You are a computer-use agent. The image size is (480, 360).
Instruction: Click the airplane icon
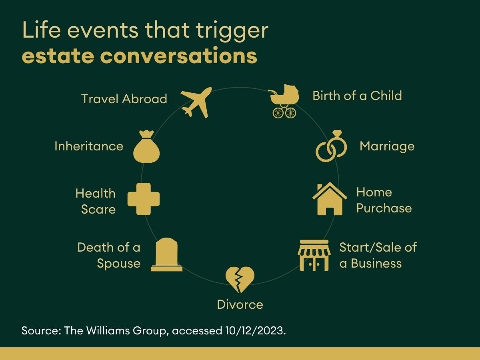pos(196,102)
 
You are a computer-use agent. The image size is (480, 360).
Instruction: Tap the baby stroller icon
pos(284,101)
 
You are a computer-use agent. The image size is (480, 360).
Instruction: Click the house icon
pos(330,199)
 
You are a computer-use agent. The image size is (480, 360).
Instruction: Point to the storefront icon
pos(314,255)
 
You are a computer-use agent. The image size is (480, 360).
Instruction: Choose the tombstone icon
pos(166,255)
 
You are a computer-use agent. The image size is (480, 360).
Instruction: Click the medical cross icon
pos(144,199)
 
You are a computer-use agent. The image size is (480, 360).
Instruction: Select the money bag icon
pos(146,147)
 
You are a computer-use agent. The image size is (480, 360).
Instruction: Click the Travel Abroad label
pos(124,99)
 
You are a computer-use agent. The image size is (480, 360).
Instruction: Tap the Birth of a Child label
pos(357,96)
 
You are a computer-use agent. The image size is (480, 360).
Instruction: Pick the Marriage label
pos(387,146)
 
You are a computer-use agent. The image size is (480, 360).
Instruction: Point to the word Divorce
pos(240,304)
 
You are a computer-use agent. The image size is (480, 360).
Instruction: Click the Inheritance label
pos(89,146)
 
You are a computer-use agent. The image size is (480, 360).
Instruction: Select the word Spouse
pos(118,264)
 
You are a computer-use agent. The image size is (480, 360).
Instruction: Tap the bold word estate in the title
pos(58,56)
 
